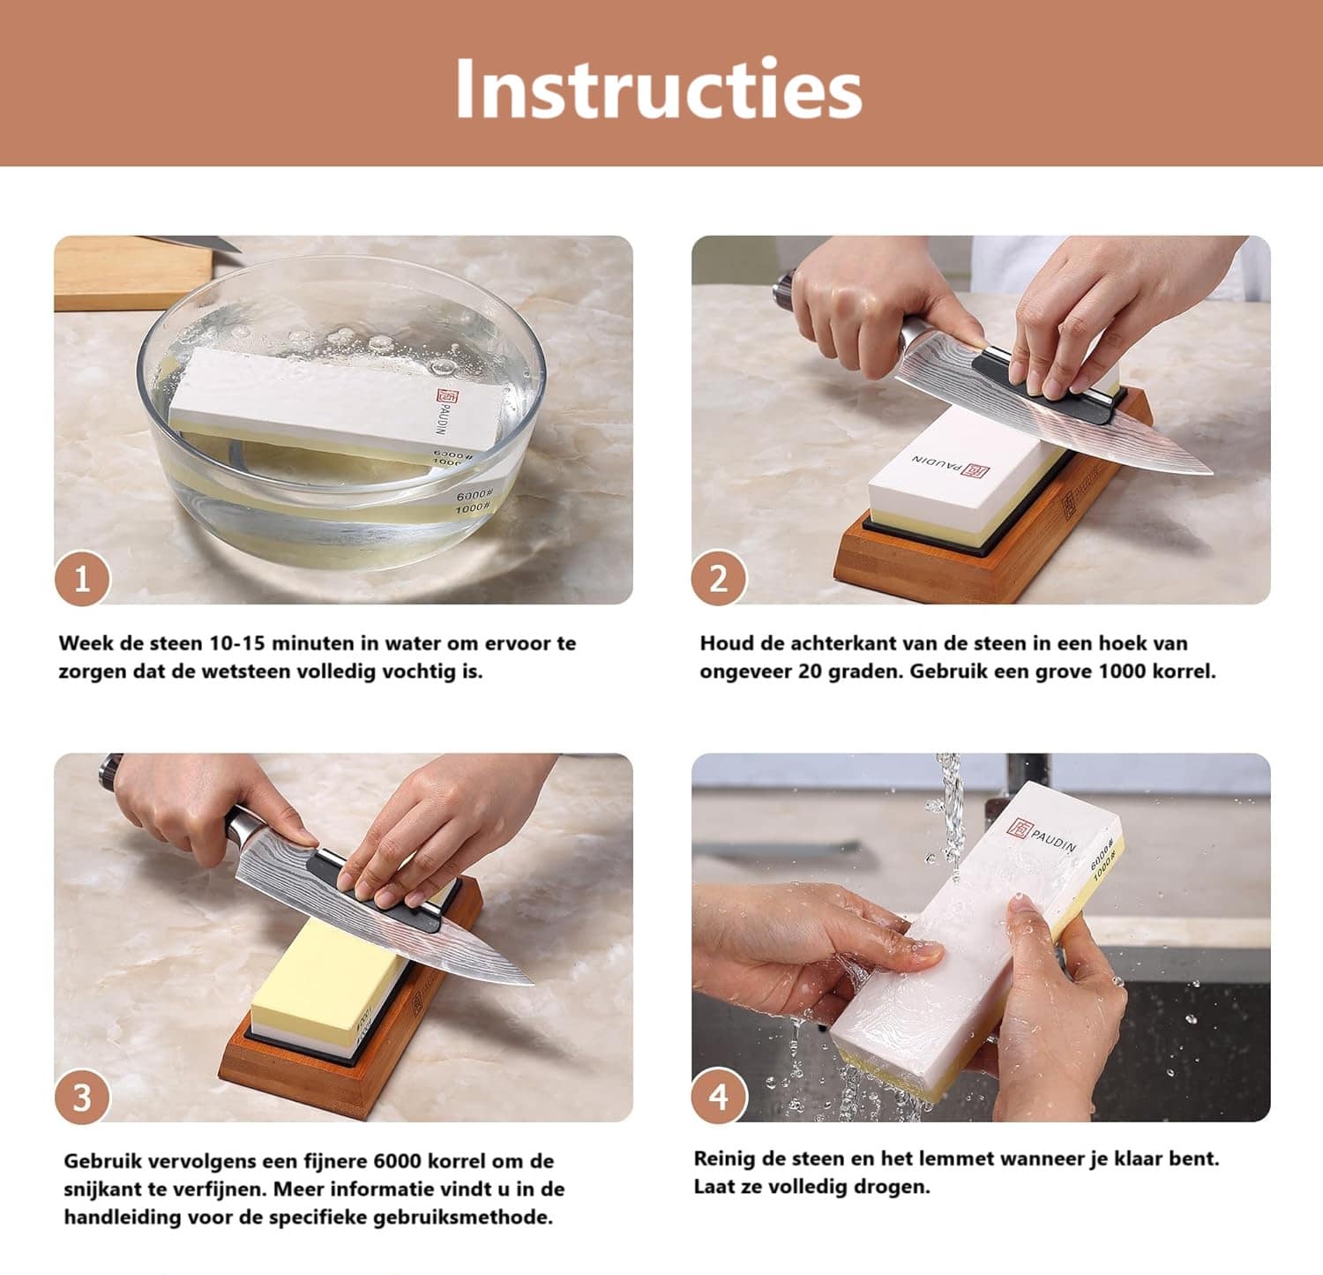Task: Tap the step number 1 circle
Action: coord(82,580)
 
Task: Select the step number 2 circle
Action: coord(719,580)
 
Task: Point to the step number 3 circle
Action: coord(82,1098)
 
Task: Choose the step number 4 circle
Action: coord(719,1098)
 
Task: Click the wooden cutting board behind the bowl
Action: coord(132,273)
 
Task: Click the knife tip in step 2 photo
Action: coord(1211,472)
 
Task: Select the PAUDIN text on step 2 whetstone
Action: coord(938,461)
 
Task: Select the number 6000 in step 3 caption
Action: coord(400,1161)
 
